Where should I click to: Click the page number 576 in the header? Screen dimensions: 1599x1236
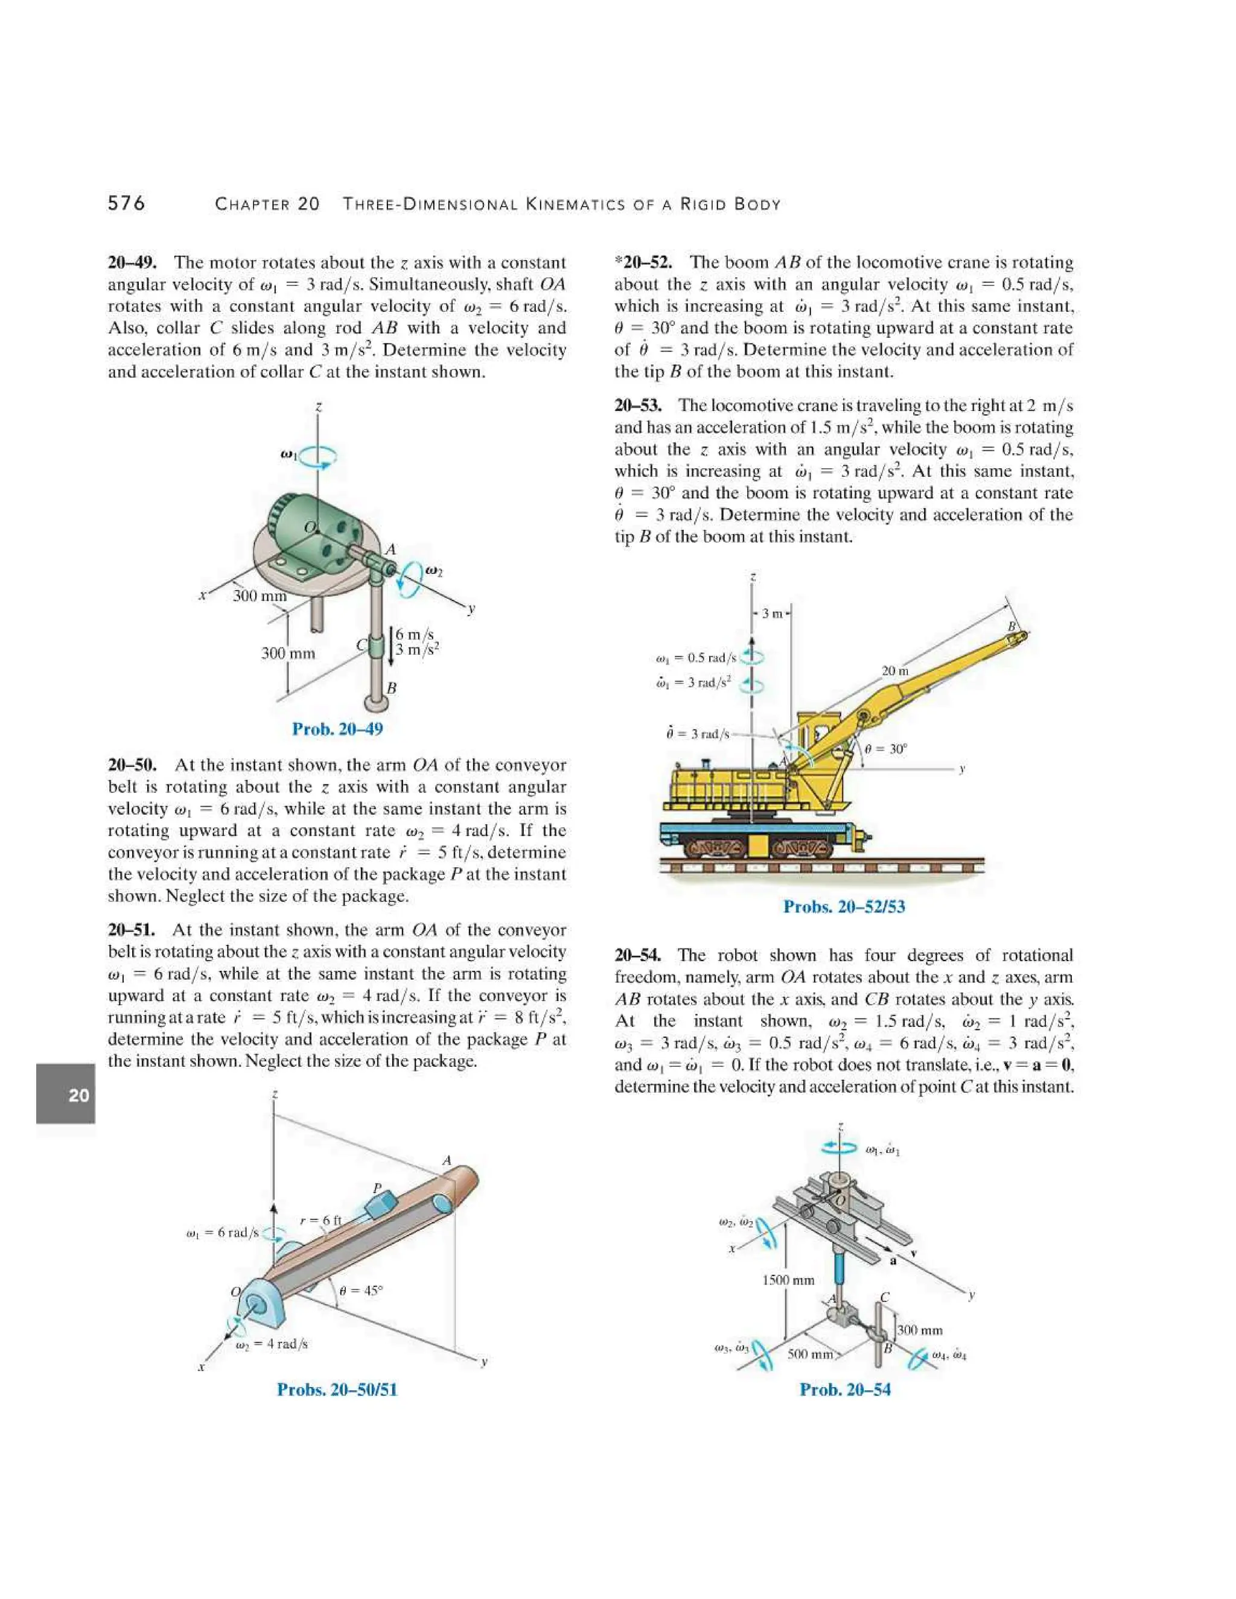pos(127,203)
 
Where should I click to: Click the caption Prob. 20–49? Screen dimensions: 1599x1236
pos(337,730)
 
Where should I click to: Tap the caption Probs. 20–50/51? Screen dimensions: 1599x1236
pos(337,1390)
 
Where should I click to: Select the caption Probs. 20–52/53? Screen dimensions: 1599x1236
pos(844,906)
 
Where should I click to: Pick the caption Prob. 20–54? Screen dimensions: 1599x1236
pos(845,1390)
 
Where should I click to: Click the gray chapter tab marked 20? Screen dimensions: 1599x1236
pos(66,1095)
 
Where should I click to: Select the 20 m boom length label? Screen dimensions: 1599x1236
pos(895,670)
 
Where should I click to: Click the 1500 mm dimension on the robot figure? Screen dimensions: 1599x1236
pos(788,1280)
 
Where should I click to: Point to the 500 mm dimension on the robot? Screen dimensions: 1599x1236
pos(811,1355)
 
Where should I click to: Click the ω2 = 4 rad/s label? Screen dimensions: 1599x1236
pos(271,1344)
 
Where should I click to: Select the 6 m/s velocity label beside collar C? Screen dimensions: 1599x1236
pos(415,634)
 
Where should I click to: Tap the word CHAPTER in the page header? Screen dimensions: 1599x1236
pos(251,205)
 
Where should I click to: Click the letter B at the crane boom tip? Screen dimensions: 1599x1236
pos(1013,627)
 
